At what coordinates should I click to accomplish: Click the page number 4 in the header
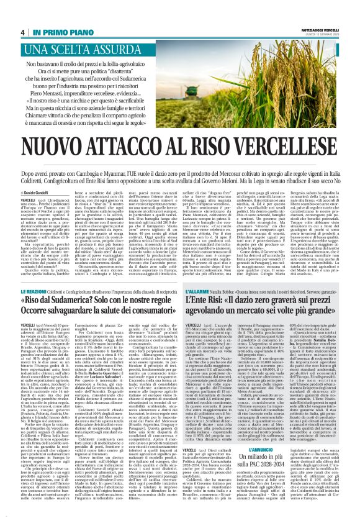tap(23, 32)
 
